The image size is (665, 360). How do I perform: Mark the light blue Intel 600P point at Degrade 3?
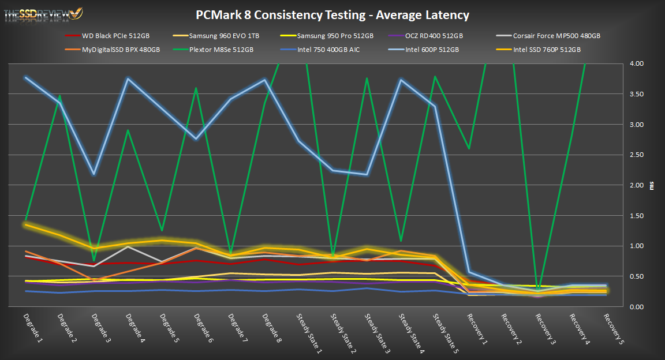coord(94,174)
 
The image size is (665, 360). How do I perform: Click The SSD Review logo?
coord(43,13)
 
